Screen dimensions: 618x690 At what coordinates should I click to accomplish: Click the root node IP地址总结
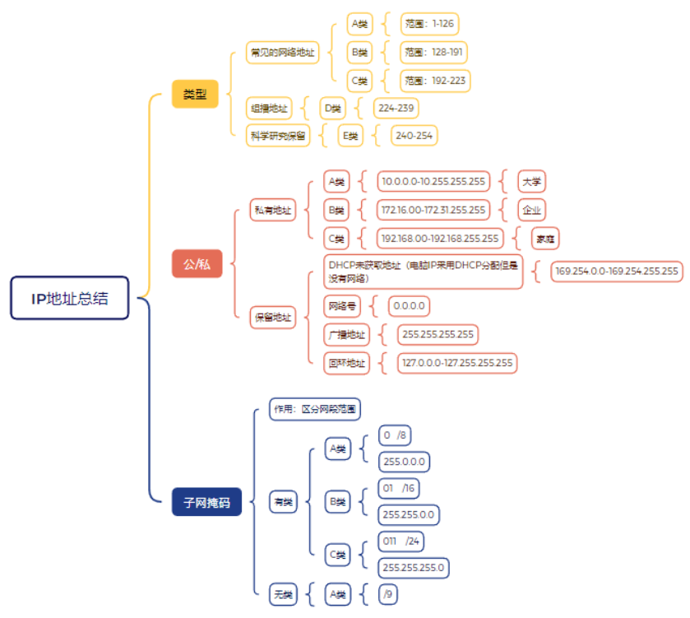pyautogui.click(x=70, y=298)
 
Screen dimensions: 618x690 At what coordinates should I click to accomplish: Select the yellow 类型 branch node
pyautogui.click(x=195, y=95)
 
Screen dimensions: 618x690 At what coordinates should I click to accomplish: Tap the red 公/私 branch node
pyautogui.click(x=197, y=264)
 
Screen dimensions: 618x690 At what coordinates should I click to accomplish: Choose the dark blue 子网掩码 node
pyautogui.click(x=206, y=501)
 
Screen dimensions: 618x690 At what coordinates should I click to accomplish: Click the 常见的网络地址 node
pyautogui.click(x=283, y=53)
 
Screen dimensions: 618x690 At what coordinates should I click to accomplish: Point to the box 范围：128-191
pyautogui.click(x=433, y=53)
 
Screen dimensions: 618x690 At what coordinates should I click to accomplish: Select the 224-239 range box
pyautogui.click(x=396, y=108)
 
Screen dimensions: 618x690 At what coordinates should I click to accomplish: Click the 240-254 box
pyautogui.click(x=413, y=136)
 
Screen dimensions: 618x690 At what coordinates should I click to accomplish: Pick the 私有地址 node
pyautogui.click(x=272, y=210)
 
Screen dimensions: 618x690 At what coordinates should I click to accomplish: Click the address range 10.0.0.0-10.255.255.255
pyautogui.click(x=433, y=181)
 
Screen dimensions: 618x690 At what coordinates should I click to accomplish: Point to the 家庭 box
pyautogui.click(x=544, y=239)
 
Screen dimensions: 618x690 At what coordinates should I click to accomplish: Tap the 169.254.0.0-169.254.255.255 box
pyautogui.click(x=617, y=271)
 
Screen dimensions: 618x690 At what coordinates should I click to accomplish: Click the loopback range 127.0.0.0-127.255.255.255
pyautogui.click(x=456, y=363)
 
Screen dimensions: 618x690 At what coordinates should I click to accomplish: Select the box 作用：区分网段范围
pyautogui.click(x=315, y=409)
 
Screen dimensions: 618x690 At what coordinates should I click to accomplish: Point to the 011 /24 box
pyautogui.click(x=401, y=541)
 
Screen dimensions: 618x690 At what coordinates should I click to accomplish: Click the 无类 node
pyautogui.click(x=283, y=594)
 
